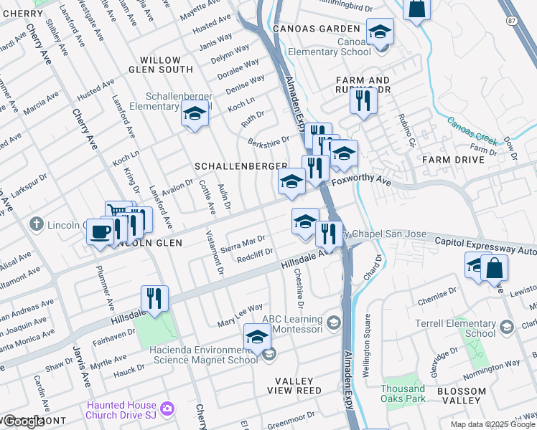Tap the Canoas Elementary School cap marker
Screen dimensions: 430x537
pos(380,32)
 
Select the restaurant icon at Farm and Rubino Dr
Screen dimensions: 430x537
pos(363,100)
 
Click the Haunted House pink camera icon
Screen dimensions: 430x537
pos(167,408)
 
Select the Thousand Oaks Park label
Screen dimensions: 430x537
pos(403,393)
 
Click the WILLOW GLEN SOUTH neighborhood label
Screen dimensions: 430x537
pos(166,64)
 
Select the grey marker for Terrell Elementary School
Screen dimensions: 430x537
pos(506,328)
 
